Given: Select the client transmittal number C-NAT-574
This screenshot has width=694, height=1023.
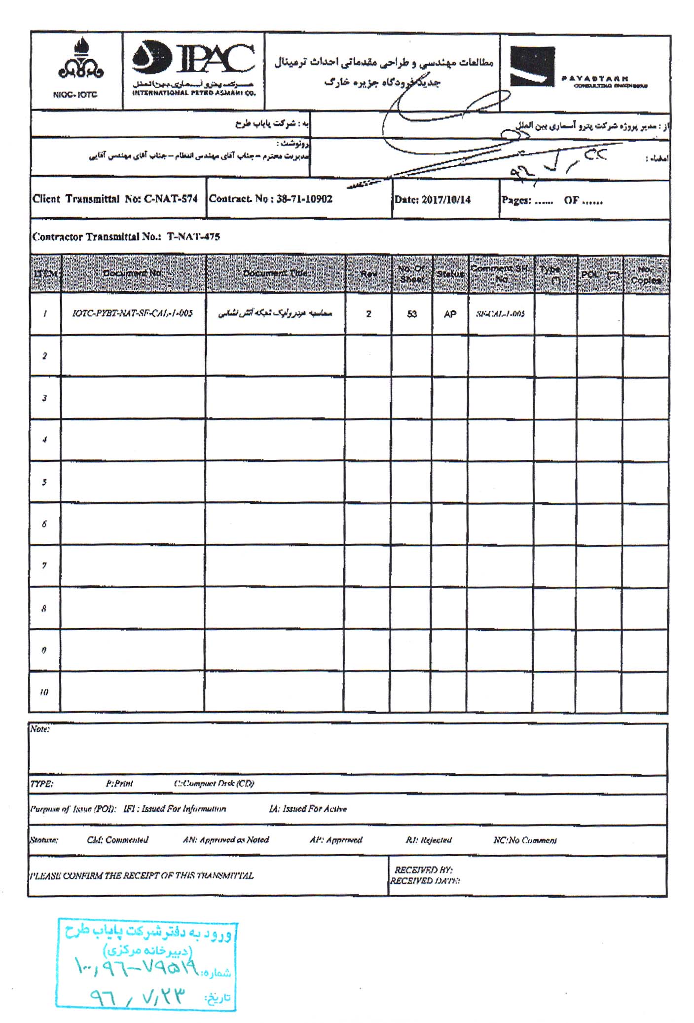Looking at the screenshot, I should tap(171, 199).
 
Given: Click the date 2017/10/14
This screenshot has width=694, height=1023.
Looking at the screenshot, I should tap(446, 200).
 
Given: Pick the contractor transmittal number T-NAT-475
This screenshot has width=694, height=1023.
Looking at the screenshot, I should tap(193, 236).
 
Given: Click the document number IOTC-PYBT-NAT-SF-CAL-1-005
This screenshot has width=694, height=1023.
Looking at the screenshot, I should tap(132, 313).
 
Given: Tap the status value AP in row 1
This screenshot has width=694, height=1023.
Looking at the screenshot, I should tap(450, 314).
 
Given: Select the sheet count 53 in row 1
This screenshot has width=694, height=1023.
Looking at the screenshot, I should tap(412, 314).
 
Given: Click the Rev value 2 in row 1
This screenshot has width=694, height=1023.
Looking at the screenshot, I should tap(368, 314).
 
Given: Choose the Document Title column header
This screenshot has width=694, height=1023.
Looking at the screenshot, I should tap(275, 273).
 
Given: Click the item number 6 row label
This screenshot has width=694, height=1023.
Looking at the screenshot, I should tap(44, 524).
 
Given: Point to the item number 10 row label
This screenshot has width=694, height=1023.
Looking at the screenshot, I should tap(44, 692).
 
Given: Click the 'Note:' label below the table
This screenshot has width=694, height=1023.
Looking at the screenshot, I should tap(40, 729).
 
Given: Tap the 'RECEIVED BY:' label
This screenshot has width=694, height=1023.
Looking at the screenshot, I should tap(423, 870).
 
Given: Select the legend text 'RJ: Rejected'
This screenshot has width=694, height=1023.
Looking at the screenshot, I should tap(428, 840).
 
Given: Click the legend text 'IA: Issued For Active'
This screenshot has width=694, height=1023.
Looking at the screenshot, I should tap(308, 809).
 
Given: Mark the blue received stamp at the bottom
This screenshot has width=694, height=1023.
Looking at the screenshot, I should tap(146, 964).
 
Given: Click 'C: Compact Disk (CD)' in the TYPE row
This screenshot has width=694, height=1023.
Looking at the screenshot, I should tap(214, 784).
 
